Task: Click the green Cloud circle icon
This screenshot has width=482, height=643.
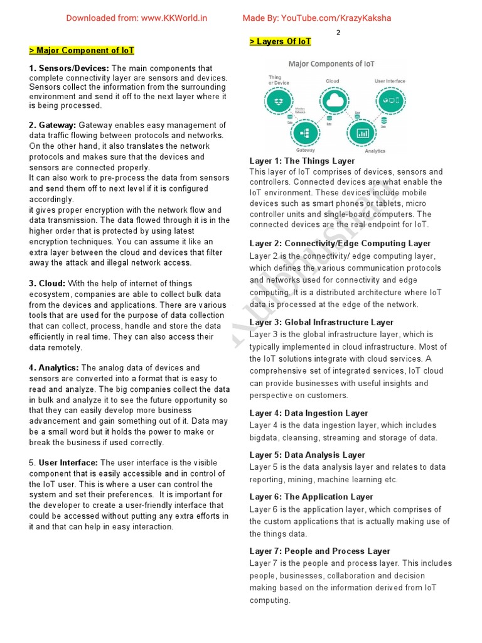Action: click(x=333, y=100)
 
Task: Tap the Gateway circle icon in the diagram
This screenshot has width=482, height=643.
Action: click(x=306, y=132)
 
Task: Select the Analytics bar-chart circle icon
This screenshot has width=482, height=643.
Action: click(x=362, y=132)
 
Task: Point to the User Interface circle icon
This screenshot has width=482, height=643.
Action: click(x=390, y=100)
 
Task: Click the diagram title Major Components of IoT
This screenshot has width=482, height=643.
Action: click(x=331, y=64)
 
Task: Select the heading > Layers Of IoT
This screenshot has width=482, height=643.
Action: click(x=280, y=41)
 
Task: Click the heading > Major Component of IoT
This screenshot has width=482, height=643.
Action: click(x=82, y=50)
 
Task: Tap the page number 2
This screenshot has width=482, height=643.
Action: click(x=338, y=33)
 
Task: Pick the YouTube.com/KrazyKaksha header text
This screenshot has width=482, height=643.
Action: click(x=316, y=18)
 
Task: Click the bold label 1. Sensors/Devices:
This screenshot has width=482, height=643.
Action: click(x=69, y=68)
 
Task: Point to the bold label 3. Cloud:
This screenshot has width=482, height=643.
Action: click(x=47, y=283)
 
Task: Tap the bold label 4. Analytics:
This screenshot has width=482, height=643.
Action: click(x=54, y=367)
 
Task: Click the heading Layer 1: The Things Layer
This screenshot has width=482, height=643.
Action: click(x=302, y=161)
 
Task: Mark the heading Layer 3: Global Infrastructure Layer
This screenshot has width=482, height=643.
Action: click(x=321, y=322)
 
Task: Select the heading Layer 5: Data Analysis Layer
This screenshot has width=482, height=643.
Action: click(x=307, y=455)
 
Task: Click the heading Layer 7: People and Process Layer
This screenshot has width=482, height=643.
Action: click(x=319, y=551)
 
